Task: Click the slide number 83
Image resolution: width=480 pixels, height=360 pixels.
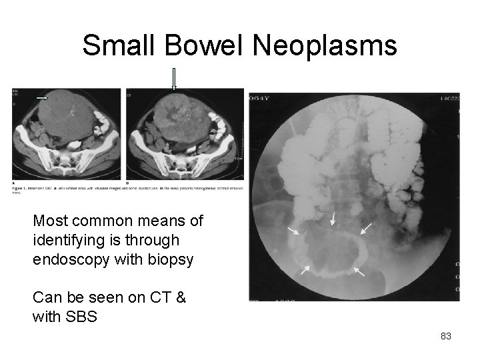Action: (x=446, y=336)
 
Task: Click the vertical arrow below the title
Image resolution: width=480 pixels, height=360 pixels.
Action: (x=175, y=79)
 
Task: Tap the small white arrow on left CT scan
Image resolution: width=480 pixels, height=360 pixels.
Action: (x=42, y=97)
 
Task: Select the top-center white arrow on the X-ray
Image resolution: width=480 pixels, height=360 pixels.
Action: (x=331, y=219)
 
